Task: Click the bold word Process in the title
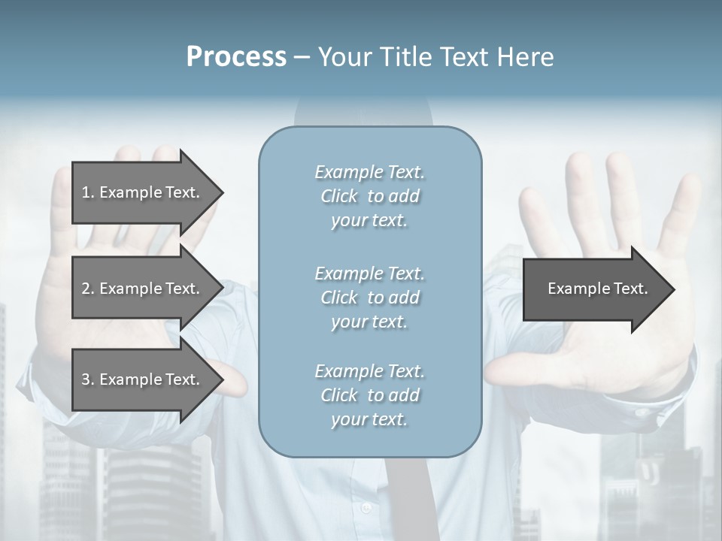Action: pyautogui.click(x=236, y=57)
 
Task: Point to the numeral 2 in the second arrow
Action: pyautogui.click(x=86, y=289)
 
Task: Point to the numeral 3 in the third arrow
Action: pyautogui.click(x=86, y=379)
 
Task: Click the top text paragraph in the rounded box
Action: pyautogui.click(x=369, y=196)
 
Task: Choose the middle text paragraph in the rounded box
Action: pyautogui.click(x=369, y=298)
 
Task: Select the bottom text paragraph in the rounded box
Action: pyautogui.click(x=369, y=395)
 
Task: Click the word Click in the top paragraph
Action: pyautogui.click(x=339, y=196)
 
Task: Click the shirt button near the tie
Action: pyautogui.click(x=366, y=509)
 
